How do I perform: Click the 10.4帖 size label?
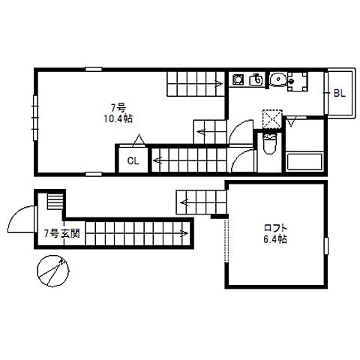[x=118, y=118]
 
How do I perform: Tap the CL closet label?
[x=133, y=160]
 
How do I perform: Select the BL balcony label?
[x=340, y=93]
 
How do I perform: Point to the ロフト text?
[x=275, y=228]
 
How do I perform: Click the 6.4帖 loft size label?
[x=275, y=239]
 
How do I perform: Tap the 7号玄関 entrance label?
[x=62, y=233]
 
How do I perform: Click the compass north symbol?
[x=53, y=271]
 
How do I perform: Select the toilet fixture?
[x=269, y=143]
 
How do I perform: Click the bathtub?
[x=304, y=162]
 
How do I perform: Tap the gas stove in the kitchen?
[x=238, y=79]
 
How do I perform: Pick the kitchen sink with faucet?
[x=256, y=79]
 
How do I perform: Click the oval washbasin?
[x=277, y=79]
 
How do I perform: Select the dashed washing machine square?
[x=272, y=119]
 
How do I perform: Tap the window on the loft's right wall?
[x=326, y=246]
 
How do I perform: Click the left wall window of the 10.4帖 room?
[x=35, y=118]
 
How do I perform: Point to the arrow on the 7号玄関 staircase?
[x=184, y=234]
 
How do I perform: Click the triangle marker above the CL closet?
[x=139, y=140]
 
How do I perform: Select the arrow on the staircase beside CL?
[x=157, y=160]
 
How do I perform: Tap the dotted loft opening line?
[x=226, y=241]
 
